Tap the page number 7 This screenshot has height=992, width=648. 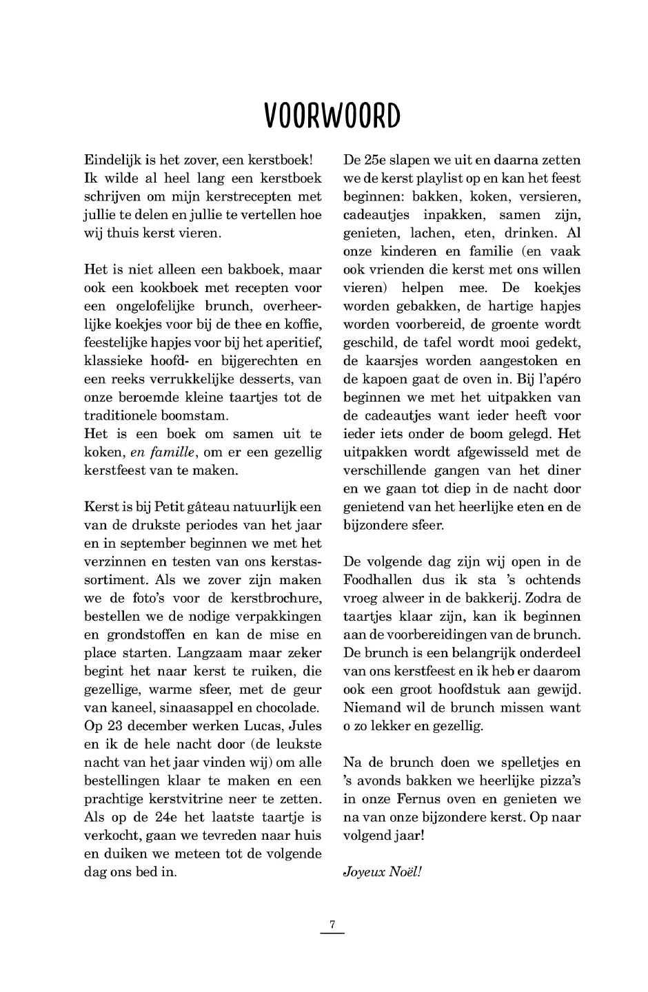point(332,924)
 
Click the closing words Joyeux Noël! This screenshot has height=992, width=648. point(382,871)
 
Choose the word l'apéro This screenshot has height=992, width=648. point(558,380)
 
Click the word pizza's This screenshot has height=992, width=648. point(557,781)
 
